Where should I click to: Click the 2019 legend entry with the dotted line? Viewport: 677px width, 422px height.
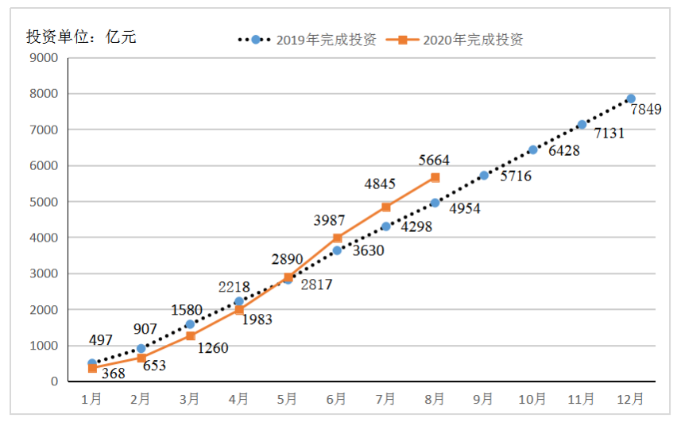[307, 40]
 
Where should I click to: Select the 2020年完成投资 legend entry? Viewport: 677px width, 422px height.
[461, 40]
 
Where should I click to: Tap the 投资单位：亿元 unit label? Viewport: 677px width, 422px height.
[81, 37]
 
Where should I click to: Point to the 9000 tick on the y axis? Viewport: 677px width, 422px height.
[44, 57]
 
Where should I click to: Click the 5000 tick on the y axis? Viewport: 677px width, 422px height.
[44, 202]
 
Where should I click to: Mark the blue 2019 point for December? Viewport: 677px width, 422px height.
[631, 99]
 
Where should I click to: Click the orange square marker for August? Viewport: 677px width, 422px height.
[435, 177]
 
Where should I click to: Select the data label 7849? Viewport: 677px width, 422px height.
[646, 110]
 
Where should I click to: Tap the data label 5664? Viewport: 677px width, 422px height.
[435, 161]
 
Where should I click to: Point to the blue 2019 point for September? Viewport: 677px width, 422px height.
[484, 175]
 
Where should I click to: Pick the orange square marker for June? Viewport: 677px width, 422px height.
[337, 238]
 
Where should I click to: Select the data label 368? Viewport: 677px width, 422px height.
[114, 374]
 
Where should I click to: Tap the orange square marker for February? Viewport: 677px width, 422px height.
[141, 358]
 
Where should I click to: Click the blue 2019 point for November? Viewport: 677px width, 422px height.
[582, 124]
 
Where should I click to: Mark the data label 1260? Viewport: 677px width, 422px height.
[211, 347]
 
